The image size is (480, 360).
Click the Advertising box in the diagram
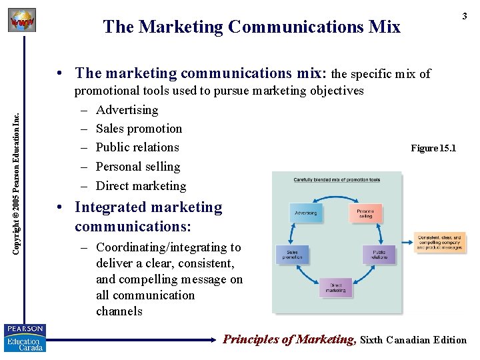coord(306,213)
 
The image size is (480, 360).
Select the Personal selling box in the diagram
coord(365,213)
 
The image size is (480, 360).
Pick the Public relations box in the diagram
coord(379,254)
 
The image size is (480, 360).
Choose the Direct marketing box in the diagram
coord(336,287)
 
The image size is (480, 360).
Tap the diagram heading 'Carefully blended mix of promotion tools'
coord(336,180)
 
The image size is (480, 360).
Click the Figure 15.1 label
coord(433,148)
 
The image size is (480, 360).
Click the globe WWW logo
coord(21,21)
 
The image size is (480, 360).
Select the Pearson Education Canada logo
coord(25,338)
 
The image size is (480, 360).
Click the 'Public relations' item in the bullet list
coord(137,147)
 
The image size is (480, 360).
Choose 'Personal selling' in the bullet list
coord(138,167)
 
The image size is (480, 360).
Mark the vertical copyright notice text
coord(19,171)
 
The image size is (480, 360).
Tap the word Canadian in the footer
coord(409,340)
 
